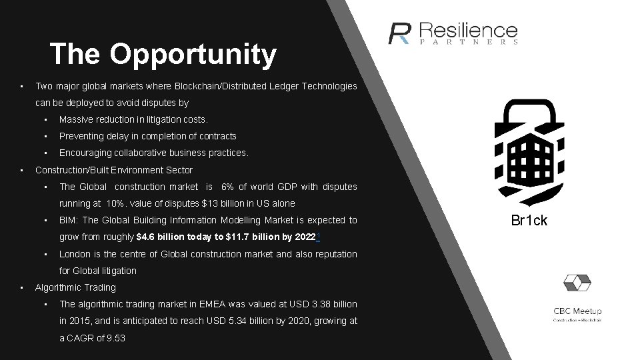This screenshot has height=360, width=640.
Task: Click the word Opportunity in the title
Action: (x=193, y=55)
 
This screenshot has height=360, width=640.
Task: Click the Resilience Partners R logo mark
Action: (x=400, y=33)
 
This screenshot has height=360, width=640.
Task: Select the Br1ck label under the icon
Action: (x=529, y=221)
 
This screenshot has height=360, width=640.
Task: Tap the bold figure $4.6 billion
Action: (x=163, y=237)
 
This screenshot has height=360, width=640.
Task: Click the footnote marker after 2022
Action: (x=319, y=236)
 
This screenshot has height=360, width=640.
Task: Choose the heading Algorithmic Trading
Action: (x=75, y=287)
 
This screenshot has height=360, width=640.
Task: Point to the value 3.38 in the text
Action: (x=323, y=304)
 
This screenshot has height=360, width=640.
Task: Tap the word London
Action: (x=75, y=254)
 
